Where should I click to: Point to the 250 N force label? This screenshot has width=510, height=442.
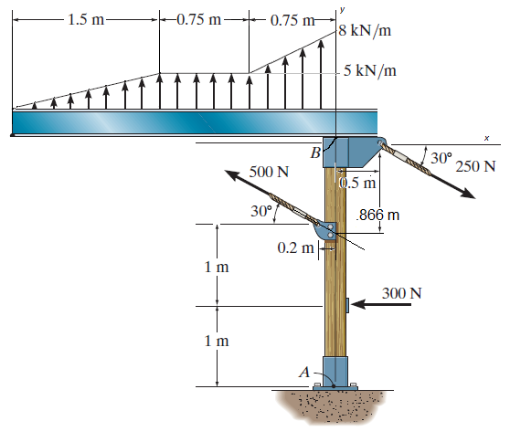476,166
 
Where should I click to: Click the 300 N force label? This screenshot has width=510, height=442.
403,293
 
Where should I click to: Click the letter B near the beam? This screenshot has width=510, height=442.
314,153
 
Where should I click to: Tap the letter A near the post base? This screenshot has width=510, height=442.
305,372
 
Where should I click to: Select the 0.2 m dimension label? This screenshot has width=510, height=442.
293,247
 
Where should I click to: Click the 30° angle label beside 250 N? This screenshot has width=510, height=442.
441,157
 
